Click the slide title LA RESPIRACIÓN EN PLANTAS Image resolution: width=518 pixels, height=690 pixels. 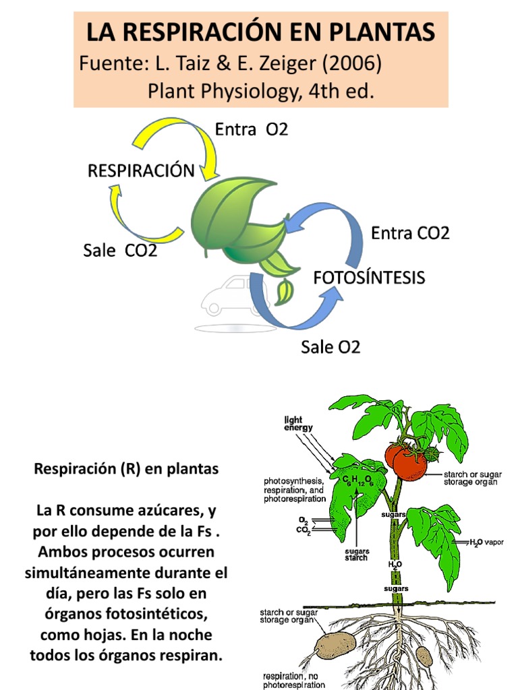[x=260, y=32]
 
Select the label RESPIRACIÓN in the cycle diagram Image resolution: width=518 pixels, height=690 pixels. [x=141, y=170]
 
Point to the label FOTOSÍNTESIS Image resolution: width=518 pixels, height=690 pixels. [x=368, y=277]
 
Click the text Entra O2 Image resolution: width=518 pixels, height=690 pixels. [x=252, y=129]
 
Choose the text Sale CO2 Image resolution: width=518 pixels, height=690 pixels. [x=120, y=251]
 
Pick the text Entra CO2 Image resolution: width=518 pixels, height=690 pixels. [x=410, y=233]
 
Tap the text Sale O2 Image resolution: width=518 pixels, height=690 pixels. [x=330, y=347]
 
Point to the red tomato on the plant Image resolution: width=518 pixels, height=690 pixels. [x=409, y=463]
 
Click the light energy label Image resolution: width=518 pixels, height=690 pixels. [x=298, y=423]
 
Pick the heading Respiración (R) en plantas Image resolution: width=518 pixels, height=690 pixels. [x=126, y=469]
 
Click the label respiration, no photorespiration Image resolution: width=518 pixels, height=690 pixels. [x=294, y=680]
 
